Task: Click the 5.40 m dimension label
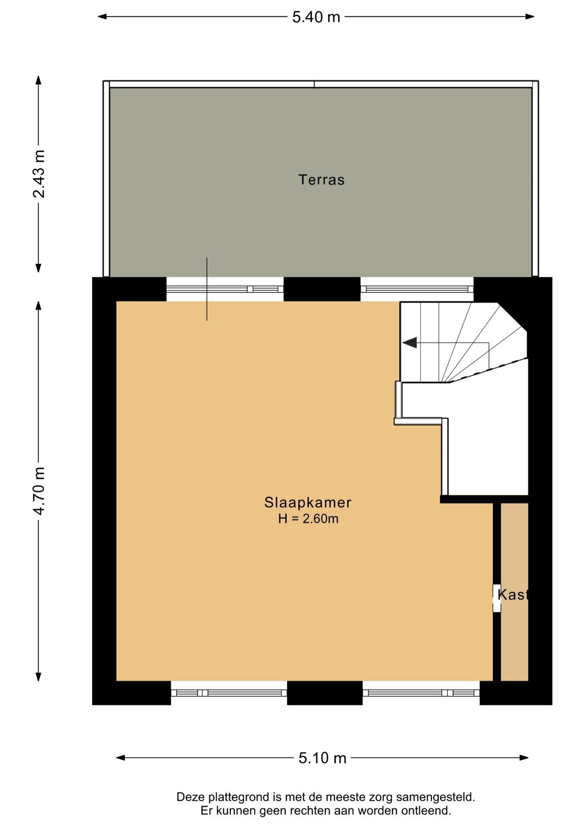[x=316, y=17]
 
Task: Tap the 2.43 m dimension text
[x=39, y=174]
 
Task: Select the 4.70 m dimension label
[x=39, y=490]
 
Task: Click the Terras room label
[x=321, y=179]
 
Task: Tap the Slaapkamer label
[x=308, y=502]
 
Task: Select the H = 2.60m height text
[x=308, y=518]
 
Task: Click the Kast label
[x=513, y=595]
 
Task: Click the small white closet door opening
[x=497, y=598]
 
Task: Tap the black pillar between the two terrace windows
[x=322, y=289]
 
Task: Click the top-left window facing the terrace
[x=225, y=289]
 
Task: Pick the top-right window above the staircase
[x=417, y=289]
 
